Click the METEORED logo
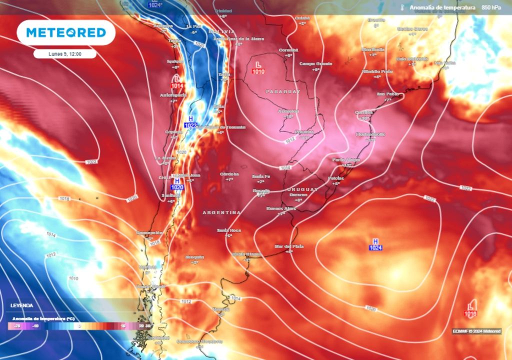click(x=66, y=33)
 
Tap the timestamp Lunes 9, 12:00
click(x=65, y=53)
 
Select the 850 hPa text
click(x=491, y=7)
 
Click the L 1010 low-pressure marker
click(x=258, y=68)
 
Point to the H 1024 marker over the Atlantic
click(x=375, y=244)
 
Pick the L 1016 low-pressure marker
click(x=470, y=309)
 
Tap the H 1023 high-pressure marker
click(x=190, y=121)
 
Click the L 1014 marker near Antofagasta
click(x=177, y=82)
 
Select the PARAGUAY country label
click(x=283, y=92)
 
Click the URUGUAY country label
click(x=302, y=190)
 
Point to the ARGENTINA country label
click(x=221, y=212)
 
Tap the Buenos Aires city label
click(x=281, y=208)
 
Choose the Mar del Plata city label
click(x=289, y=246)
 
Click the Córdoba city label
click(x=229, y=174)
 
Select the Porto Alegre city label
click(x=346, y=159)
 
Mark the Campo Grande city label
click(x=315, y=64)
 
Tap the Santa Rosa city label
click(x=228, y=230)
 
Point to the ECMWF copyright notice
click(x=476, y=331)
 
